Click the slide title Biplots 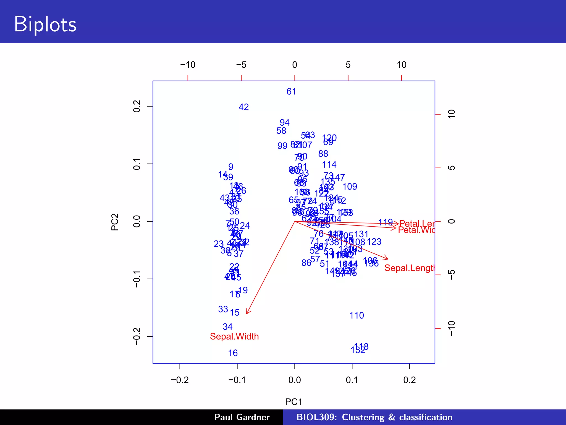45,24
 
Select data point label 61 291,92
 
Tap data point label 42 243,107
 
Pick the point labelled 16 233,353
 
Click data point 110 357,315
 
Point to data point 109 350,187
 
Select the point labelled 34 227,327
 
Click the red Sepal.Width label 234,336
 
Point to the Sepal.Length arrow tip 387,259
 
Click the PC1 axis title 294,402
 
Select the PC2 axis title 115,222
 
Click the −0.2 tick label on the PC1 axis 180,380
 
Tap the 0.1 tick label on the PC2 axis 137,164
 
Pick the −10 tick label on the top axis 188,65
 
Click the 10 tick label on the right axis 451,114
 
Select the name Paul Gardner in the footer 242,417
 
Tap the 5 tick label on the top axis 348,65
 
